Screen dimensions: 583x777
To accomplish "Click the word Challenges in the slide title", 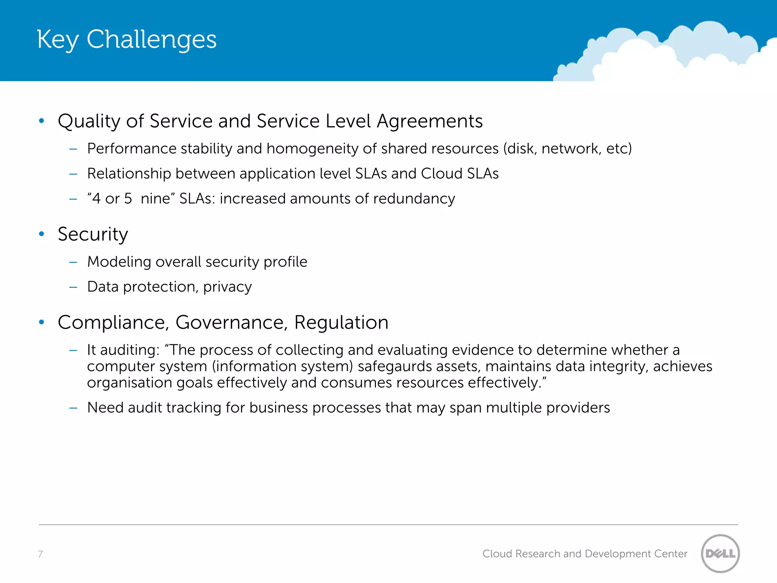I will coord(151,39).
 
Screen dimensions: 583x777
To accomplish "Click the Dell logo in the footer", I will coord(720,553).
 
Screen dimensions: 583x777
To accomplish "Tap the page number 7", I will coord(40,554).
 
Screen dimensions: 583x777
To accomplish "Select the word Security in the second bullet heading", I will coord(93,234).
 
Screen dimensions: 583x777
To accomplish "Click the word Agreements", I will coord(429,121).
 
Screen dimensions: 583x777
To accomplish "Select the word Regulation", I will coord(341,323).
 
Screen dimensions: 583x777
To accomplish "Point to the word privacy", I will coord(227,287).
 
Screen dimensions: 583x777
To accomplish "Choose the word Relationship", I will coord(129,173).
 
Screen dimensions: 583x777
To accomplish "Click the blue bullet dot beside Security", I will coord(42,234).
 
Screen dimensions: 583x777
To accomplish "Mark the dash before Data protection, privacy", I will coord(73,287).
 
